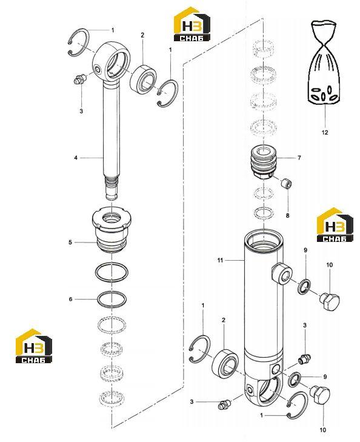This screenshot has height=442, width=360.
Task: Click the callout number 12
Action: pos(325,132)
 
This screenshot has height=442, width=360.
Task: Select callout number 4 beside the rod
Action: pos(76,158)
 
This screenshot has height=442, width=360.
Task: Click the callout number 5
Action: pos(70,242)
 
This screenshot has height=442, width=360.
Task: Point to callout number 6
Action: pos(71,299)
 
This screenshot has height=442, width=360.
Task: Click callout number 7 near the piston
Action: pos(299,158)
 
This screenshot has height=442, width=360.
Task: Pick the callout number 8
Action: pos(288,216)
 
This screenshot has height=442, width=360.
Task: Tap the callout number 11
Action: pos(220,261)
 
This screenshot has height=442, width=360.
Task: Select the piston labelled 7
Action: pos(264,162)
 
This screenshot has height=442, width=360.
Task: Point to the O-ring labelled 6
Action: pos(112,298)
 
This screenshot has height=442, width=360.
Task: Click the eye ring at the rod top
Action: pos(112,61)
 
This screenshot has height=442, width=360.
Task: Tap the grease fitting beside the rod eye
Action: pos(79,79)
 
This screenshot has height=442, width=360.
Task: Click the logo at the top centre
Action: pos(192,24)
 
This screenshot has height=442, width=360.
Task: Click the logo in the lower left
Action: pos(34,346)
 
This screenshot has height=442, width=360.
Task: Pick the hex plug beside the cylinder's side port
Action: pos(330,301)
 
